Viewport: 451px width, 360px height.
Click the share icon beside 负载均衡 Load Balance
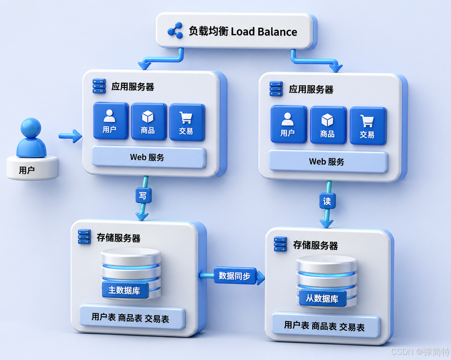(175, 31)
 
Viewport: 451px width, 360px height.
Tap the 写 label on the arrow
(143, 196)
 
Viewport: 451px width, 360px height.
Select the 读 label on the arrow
(327, 201)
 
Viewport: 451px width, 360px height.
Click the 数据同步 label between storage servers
(235, 276)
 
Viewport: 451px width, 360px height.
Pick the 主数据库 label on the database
(125, 290)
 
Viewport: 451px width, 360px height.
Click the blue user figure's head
(31, 127)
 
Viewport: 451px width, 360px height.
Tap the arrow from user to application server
(70, 136)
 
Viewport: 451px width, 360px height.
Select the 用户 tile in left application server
(110, 121)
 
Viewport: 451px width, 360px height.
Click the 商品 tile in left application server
(148, 122)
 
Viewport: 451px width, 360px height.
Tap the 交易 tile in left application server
(187, 122)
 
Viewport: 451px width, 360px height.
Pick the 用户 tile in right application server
(288, 124)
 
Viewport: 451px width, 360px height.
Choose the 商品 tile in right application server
(328, 125)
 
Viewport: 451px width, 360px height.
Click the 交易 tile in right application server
(367, 126)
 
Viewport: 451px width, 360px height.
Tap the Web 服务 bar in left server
(149, 157)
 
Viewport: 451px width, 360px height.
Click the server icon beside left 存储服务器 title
(85, 237)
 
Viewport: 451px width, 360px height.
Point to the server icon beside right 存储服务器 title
(280, 244)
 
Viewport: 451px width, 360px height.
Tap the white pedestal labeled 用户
(32, 169)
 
